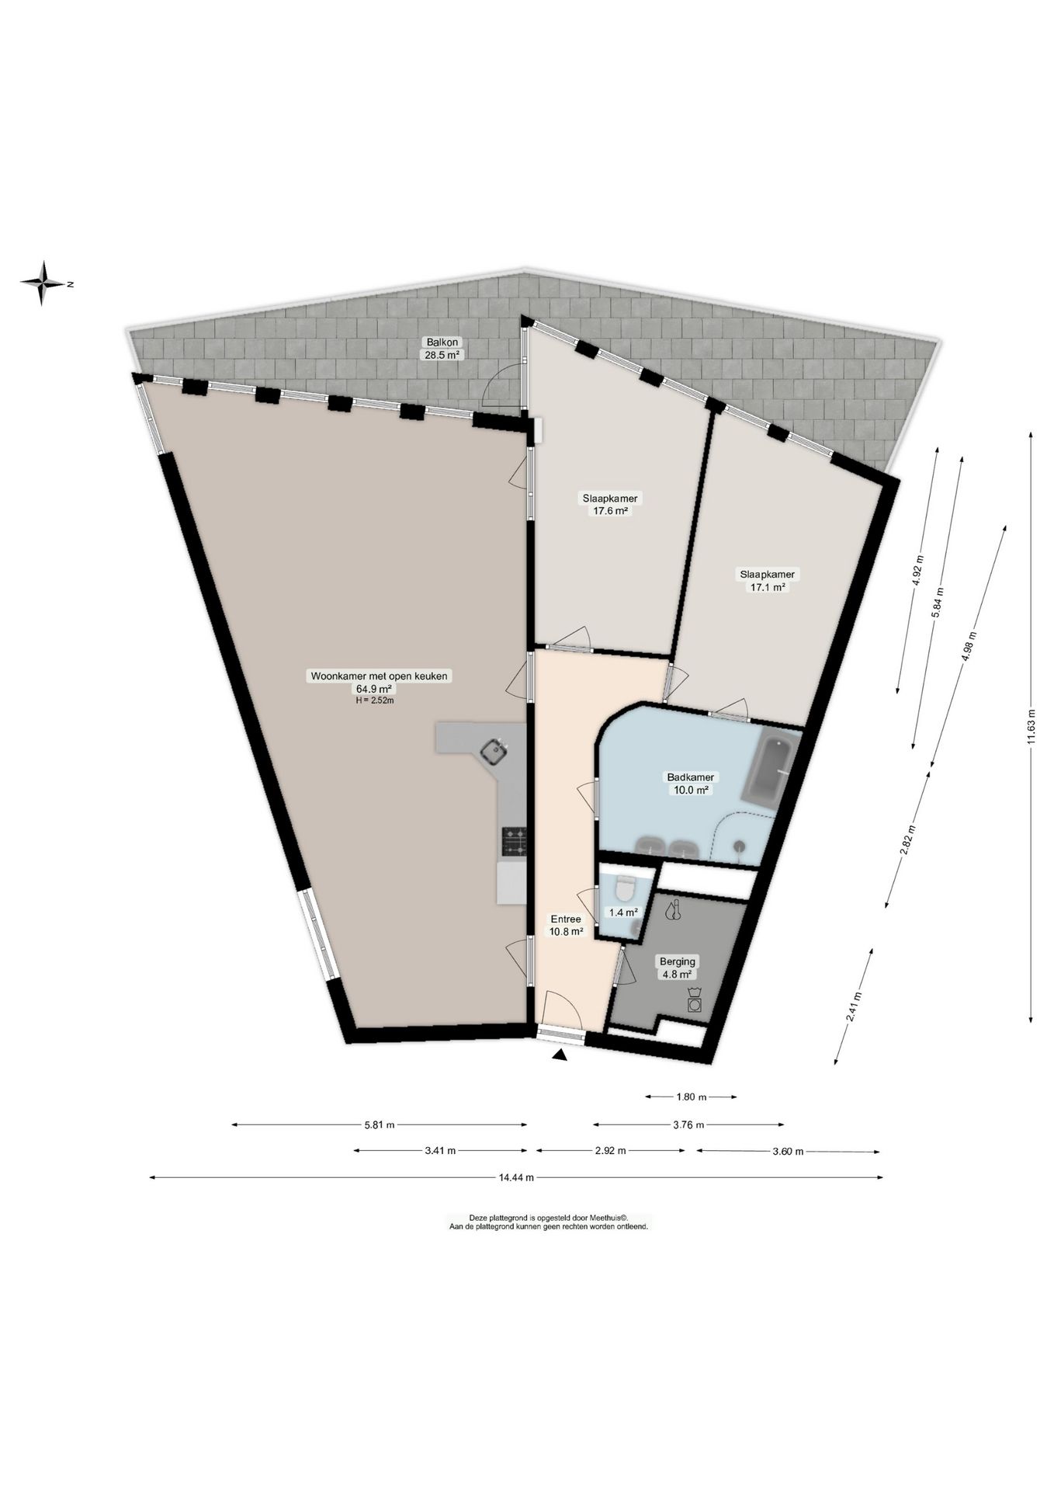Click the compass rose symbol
tap(44, 283)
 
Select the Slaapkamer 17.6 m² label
tap(610, 504)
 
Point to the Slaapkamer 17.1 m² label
tap(768, 580)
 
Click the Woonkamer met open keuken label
tap(380, 676)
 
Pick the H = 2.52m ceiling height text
tap(375, 700)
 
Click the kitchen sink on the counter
tap(494, 751)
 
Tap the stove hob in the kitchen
tap(513, 841)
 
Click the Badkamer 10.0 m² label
tap(691, 783)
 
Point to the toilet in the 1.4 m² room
tap(623, 886)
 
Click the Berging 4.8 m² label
tap(677, 967)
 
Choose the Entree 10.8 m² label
tap(567, 925)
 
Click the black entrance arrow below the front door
tap(560, 1055)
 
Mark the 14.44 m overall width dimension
tap(515, 1177)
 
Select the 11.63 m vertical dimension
tap(1031, 726)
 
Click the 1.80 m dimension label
tap(691, 1097)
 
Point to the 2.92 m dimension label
tap(610, 1151)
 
